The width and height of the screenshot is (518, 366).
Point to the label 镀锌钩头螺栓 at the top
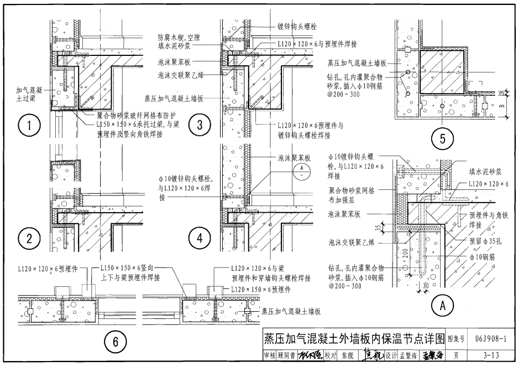[299, 26]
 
